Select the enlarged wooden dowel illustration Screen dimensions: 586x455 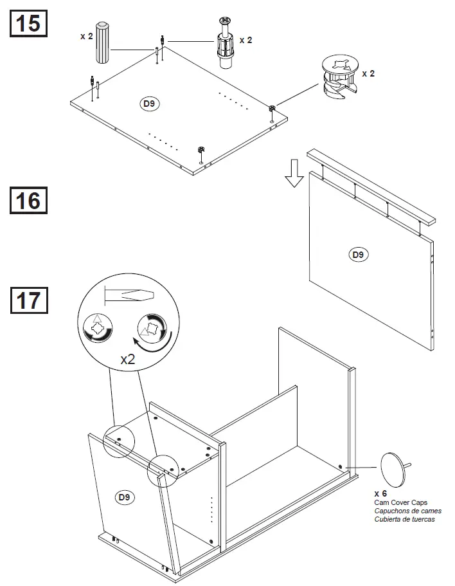pos(104,47)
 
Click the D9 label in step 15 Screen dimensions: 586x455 pos(149,103)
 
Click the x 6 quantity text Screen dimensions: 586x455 pos(380,493)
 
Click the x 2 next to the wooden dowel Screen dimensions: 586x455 pos(86,37)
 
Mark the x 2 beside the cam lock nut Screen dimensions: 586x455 pos(368,74)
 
